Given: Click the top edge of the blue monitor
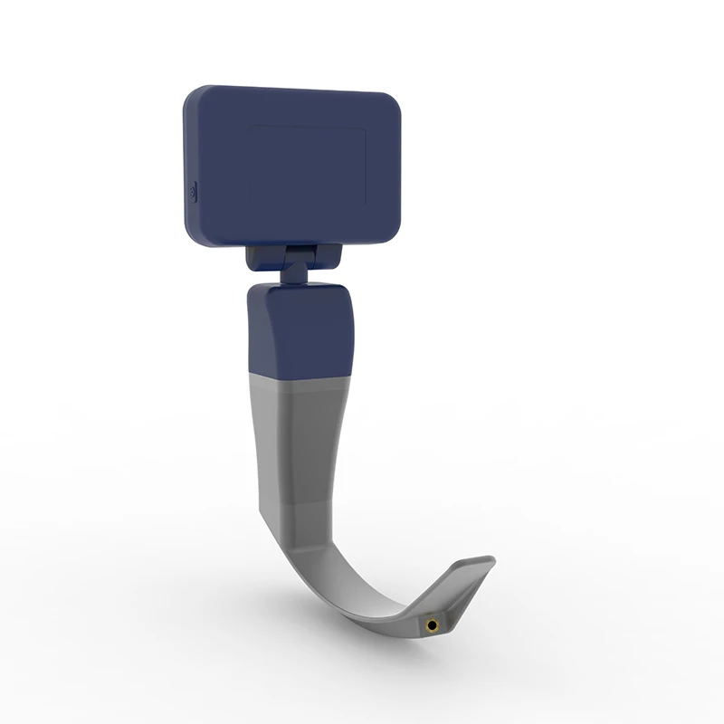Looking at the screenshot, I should pos(299,89).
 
